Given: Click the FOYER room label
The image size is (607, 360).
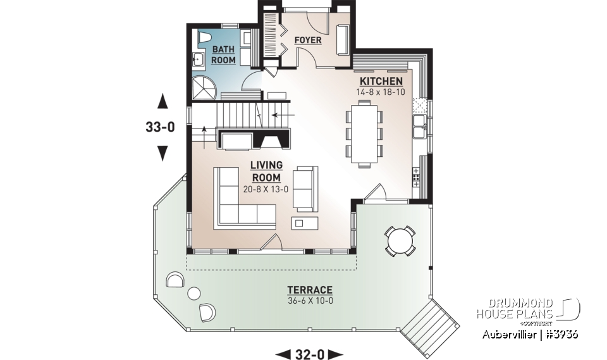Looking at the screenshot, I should pos(308,40).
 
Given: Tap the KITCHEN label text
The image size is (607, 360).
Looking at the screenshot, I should pos(381,82).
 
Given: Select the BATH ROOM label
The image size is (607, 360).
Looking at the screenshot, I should pos(223,55).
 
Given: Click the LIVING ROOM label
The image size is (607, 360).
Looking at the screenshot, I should pos(266,171).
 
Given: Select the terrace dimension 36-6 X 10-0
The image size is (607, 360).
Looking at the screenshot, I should pos(310,300).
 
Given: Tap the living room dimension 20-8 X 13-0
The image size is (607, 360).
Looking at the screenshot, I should pos(266,189).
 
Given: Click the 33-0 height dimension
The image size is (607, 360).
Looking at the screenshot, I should pos(160,127).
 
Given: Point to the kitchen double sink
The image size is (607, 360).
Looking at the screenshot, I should pos(418,127).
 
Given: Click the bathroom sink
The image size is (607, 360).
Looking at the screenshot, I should pos(197,61).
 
